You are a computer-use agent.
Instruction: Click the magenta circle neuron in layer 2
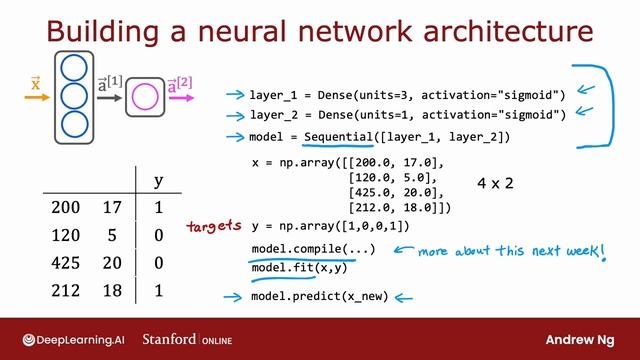(146, 98)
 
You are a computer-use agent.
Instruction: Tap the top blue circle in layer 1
(73, 70)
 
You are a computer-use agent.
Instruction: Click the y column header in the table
(158, 181)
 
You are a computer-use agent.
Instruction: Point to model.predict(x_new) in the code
(319, 297)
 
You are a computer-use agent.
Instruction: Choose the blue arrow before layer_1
(235, 95)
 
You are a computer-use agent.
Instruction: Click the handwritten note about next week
(512, 251)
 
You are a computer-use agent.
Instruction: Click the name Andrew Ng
(584, 338)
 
